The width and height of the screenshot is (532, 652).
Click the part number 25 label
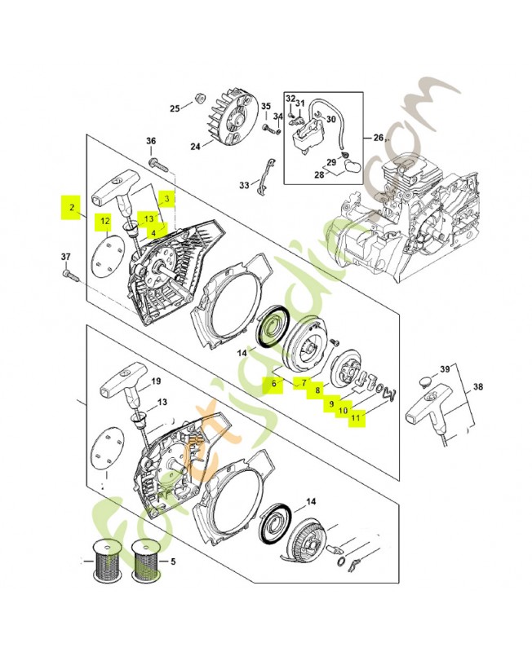click(174, 108)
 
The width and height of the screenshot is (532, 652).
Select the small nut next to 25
click(197, 100)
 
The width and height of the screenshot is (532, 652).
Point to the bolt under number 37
click(72, 277)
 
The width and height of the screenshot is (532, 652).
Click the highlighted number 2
click(73, 209)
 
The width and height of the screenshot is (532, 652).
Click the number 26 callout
click(378, 137)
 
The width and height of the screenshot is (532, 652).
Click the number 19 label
click(156, 381)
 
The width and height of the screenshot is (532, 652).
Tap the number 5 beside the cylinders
click(172, 562)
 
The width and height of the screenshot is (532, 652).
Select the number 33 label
click(244, 186)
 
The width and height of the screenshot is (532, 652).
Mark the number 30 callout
click(330, 119)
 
